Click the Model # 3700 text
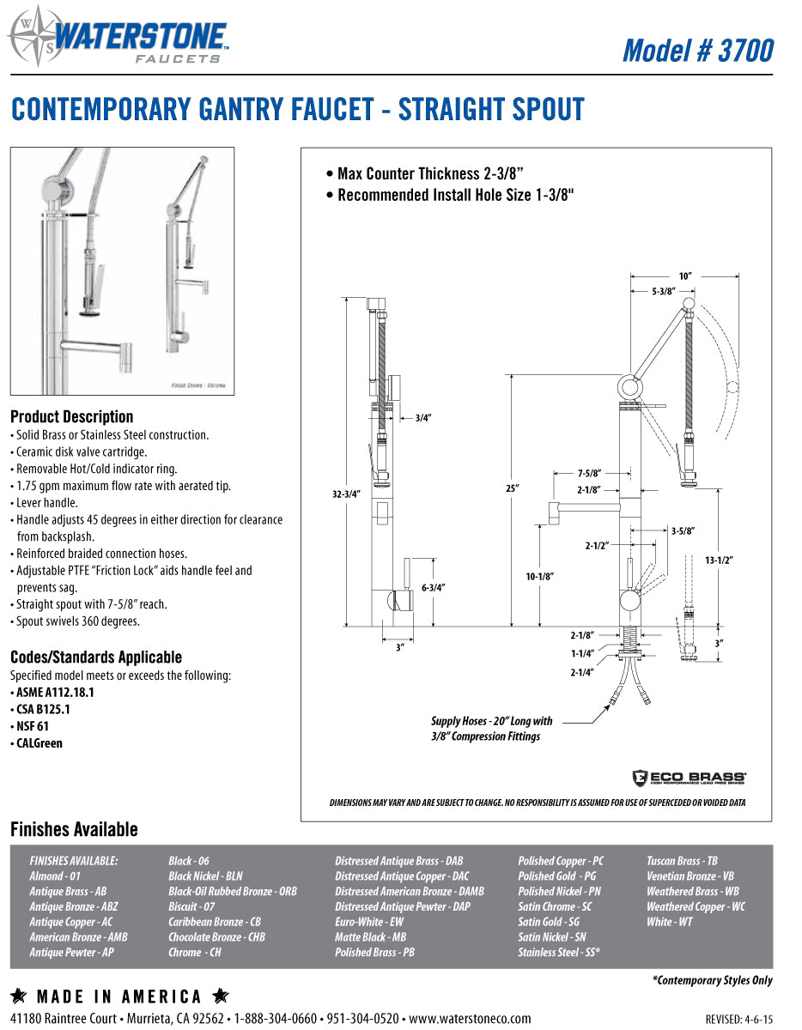tap(697, 51)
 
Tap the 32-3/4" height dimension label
tap(345, 494)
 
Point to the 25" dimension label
tap(513, 488)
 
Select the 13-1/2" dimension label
tap(718, 560)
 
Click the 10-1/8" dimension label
tap(539, 576)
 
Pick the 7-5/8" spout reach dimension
tap(588, 473)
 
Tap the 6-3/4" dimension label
tap(433, 588)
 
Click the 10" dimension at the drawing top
tap(684, 276)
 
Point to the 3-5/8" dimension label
tap(683, 530)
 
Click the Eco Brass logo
tap(689, 778)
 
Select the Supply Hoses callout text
tap(492, 729)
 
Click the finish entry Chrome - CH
tap(194, 953)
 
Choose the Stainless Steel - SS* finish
tap(558, 953)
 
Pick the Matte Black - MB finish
tap(370, 937)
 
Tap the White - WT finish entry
tap(669, 922)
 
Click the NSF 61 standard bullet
tap(33, 726)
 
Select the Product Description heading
tap(71, 417)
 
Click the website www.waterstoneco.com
tap(470, 1019)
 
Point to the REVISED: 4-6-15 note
tap(738, 1020)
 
